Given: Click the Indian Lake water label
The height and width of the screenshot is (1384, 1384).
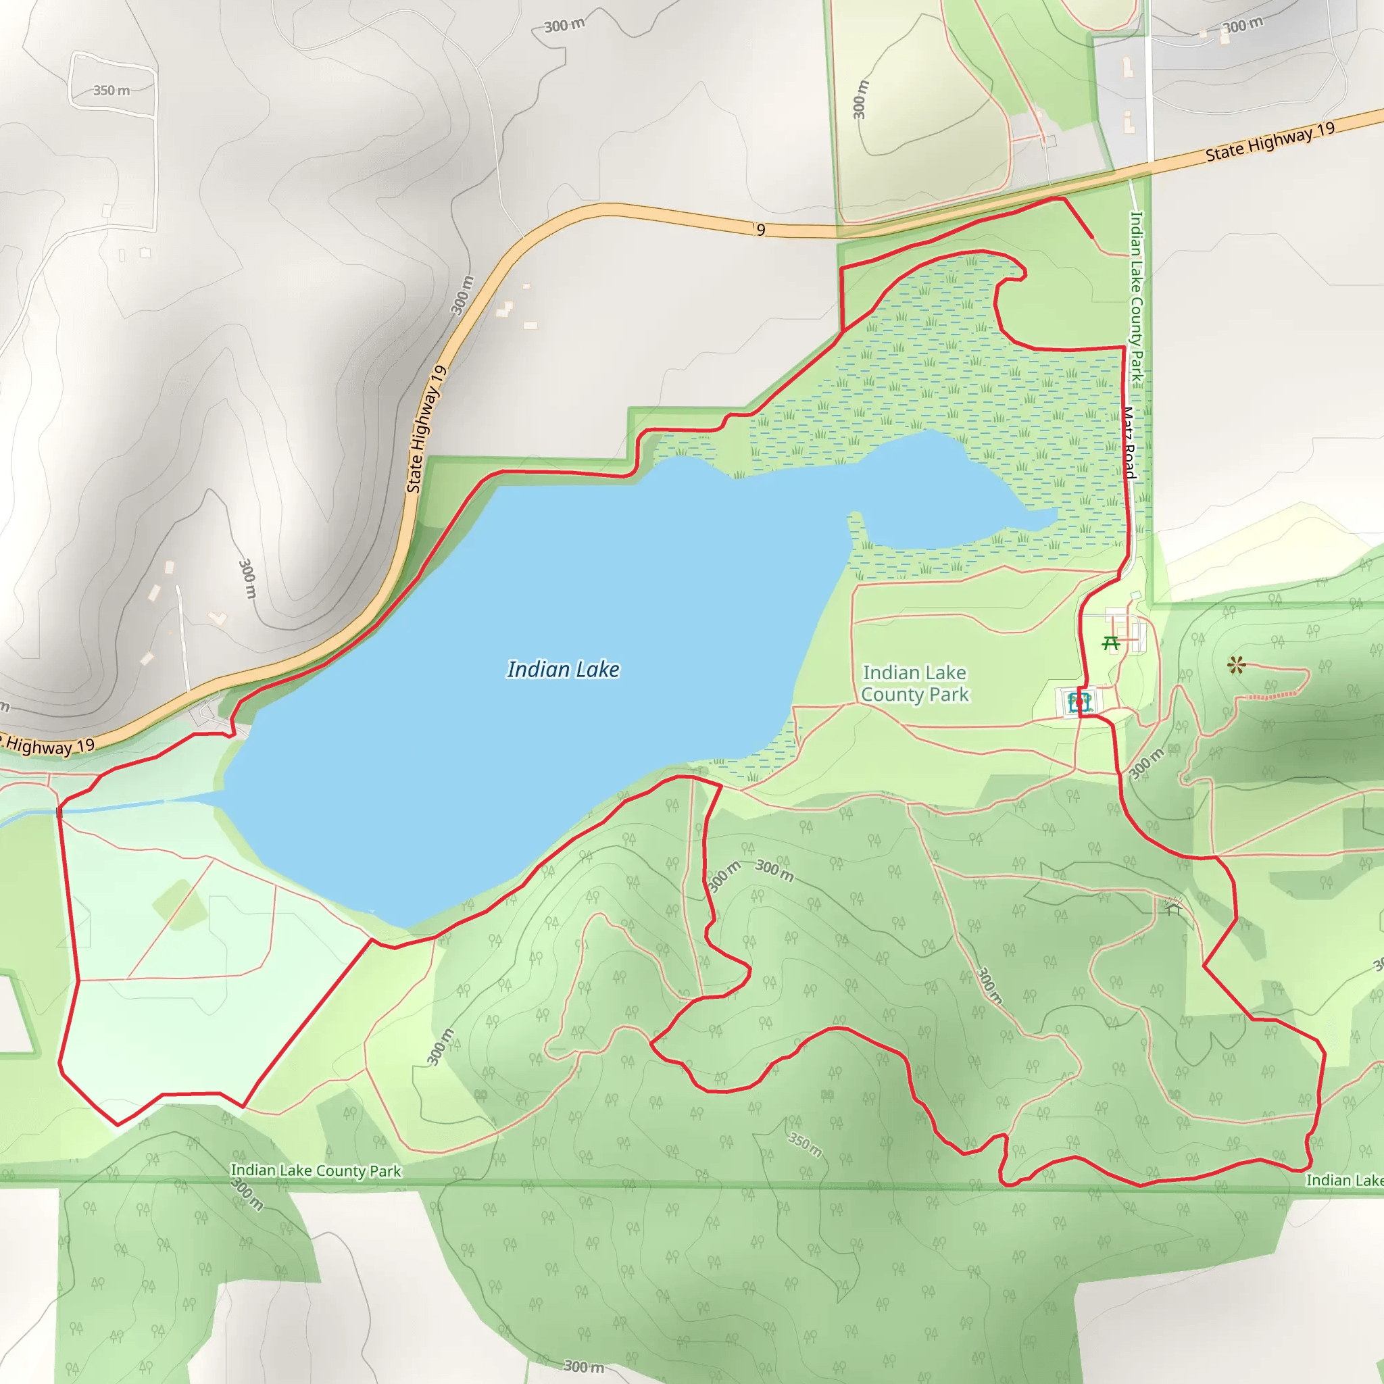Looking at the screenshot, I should pos(563,670).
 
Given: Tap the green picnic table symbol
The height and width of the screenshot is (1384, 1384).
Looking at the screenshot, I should pos(1111,643).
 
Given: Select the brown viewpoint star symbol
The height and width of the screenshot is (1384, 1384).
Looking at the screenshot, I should pos(1236,666).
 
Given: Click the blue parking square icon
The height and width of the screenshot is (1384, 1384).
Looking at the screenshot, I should pos(1079,702).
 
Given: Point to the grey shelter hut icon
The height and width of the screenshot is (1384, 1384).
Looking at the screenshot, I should pos(1172,908).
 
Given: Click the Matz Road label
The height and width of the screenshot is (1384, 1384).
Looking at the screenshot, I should pos(1129,443).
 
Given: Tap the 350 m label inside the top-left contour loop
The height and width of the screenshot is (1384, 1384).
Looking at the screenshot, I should pos(112,91).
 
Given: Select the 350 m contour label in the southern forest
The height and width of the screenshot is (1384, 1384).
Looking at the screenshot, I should pos(805,1145).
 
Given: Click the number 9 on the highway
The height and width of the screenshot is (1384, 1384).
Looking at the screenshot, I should pos(761,230).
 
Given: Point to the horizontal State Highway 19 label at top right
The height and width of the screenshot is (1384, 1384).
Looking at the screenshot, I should pos(1270,142).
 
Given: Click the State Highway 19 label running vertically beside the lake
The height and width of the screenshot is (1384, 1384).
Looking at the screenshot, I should pos(427,430).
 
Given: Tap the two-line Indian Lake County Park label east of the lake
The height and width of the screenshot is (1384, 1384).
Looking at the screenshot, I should pos(915,683).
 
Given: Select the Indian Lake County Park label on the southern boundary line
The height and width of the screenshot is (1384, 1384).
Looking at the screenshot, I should pos(315,1170).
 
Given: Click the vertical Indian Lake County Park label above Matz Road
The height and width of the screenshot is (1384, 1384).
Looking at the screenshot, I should pos(1136,295).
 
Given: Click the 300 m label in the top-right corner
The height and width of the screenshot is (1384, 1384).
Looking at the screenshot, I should pos(1243,26).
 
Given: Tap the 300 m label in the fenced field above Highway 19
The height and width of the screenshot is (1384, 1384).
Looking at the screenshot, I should pos(860,99).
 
